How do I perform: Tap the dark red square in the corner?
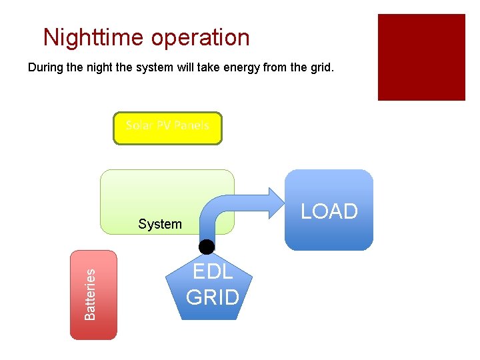tap(421, 57)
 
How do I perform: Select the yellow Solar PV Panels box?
tap(167, 129)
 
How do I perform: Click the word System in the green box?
tap(160, 224)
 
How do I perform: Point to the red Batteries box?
tap(93, 295)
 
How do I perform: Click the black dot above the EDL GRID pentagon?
tap(207, 247)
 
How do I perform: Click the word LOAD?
tap(329, 211)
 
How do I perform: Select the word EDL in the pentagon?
tap(213, 272)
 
